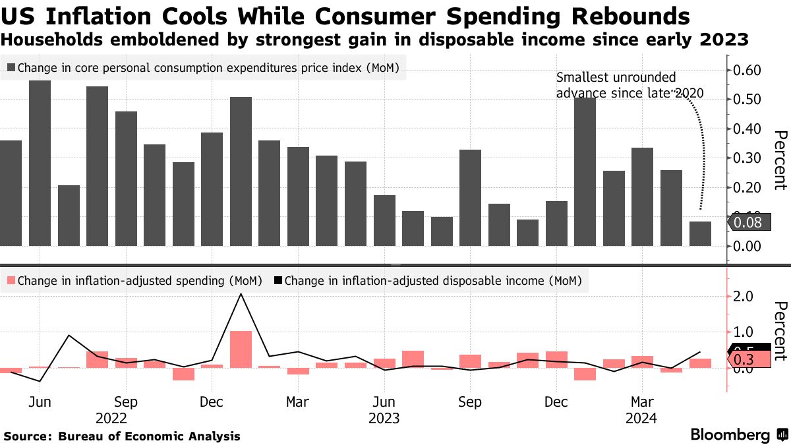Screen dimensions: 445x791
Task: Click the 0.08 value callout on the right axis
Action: (748, 223)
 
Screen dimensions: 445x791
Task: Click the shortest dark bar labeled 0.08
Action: (700, 233)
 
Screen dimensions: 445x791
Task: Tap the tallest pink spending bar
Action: (241, 349)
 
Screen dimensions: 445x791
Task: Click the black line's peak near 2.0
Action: (241, 294)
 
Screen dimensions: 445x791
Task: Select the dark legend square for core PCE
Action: (12, 67)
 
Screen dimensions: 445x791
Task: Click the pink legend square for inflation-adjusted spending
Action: (12, 281)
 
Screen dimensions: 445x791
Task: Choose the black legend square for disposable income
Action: (278, 281)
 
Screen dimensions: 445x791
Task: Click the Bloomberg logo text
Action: (730, 435)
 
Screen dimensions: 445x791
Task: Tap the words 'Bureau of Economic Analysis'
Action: (149, 436)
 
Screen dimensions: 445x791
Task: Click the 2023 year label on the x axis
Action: (384, 418)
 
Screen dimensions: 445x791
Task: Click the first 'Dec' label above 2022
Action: (211, 402)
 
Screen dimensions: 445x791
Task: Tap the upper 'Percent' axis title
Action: (780, 160)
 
